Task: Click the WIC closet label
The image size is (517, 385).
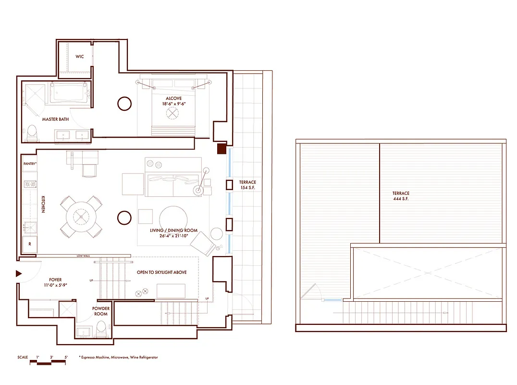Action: point(80,57)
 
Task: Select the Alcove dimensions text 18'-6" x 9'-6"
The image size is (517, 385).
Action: point(174,103)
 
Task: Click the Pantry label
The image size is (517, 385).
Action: point(30,164)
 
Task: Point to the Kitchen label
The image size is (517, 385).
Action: point(43,205)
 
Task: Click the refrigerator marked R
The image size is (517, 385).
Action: point(30,244)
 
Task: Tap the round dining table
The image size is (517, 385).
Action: point(81,217)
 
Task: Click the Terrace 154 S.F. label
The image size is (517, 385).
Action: point(248,185)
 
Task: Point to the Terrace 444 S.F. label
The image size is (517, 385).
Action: point(400,196)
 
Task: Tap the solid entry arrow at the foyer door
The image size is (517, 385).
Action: point(19,273)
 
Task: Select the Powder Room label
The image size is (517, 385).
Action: point(100,311)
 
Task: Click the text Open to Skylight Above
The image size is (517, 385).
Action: point(161,272)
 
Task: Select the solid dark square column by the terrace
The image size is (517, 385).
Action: point(222,149)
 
